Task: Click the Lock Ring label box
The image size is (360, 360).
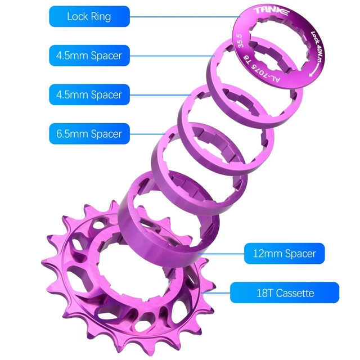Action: (x=89, y=16)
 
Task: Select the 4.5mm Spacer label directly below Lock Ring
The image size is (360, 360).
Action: (x=89, y=55)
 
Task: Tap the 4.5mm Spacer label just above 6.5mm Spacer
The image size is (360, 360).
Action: (x=89, y=94)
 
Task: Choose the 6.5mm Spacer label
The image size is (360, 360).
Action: (x=89, y=133)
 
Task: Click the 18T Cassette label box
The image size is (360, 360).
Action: (x=285, y=293)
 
